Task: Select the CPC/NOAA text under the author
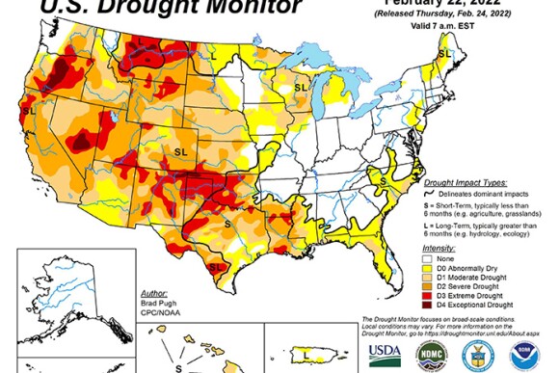[158, 307]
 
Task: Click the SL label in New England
[444, 58]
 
